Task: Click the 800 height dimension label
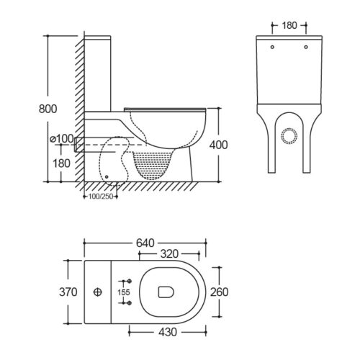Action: tap(48, 109)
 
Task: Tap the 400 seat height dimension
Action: tap(218, 145)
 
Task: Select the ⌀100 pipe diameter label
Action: tap(62, 138)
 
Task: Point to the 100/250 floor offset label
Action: tap(101, 197)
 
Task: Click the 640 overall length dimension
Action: tap(145, 243)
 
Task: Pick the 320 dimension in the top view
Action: tap(169, 253)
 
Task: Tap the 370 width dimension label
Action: tap(68, 292)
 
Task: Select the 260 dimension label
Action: tap(219, 292)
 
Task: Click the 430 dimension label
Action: tap(168, 332)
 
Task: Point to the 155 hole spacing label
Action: tap(124, 292)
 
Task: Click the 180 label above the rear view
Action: tap(289, 25)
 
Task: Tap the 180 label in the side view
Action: tap(61, 163)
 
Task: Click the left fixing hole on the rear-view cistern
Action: tap(272, 47)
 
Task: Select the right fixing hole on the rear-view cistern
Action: tap(306, 47)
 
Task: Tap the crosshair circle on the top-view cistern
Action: tap(98, 292)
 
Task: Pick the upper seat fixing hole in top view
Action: tap(130, 281)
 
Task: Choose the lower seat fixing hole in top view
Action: tap(130, 303)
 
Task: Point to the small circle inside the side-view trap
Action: tap(107, 177)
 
